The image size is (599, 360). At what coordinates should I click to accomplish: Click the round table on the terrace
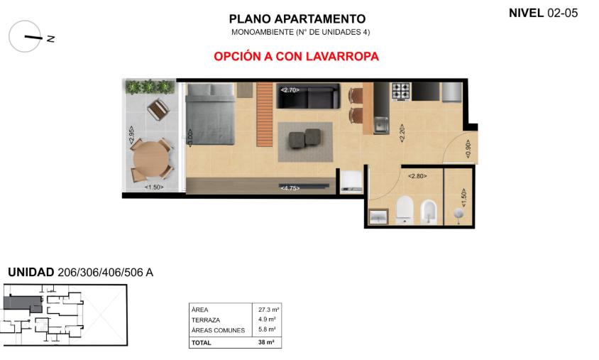(151, 159)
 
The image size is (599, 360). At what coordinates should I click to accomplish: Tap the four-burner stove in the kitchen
(401, 92)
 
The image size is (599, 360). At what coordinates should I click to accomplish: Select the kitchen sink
(381, 125)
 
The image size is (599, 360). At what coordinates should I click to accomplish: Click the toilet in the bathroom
(405, 209)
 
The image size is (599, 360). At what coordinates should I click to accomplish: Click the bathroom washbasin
(378, 217)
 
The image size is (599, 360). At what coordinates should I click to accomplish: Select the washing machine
(351, 181)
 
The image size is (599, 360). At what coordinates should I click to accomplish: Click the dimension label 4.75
(290, 188)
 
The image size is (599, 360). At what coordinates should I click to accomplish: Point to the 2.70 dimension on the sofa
(290, 90)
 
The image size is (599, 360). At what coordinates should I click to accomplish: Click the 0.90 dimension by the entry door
(468, 148)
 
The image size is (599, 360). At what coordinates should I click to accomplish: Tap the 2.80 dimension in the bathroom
(417, 176)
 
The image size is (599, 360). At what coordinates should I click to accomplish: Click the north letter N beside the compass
(50, 38)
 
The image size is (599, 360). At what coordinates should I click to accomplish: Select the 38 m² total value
(266, 342)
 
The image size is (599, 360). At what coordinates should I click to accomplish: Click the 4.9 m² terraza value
(267, 320)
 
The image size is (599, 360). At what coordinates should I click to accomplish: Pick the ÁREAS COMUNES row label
(218, 330)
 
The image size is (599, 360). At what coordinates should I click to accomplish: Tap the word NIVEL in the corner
(526, 13)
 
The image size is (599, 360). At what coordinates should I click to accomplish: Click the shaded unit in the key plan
(23, 303)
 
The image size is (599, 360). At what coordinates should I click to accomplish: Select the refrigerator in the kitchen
(452, 92)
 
